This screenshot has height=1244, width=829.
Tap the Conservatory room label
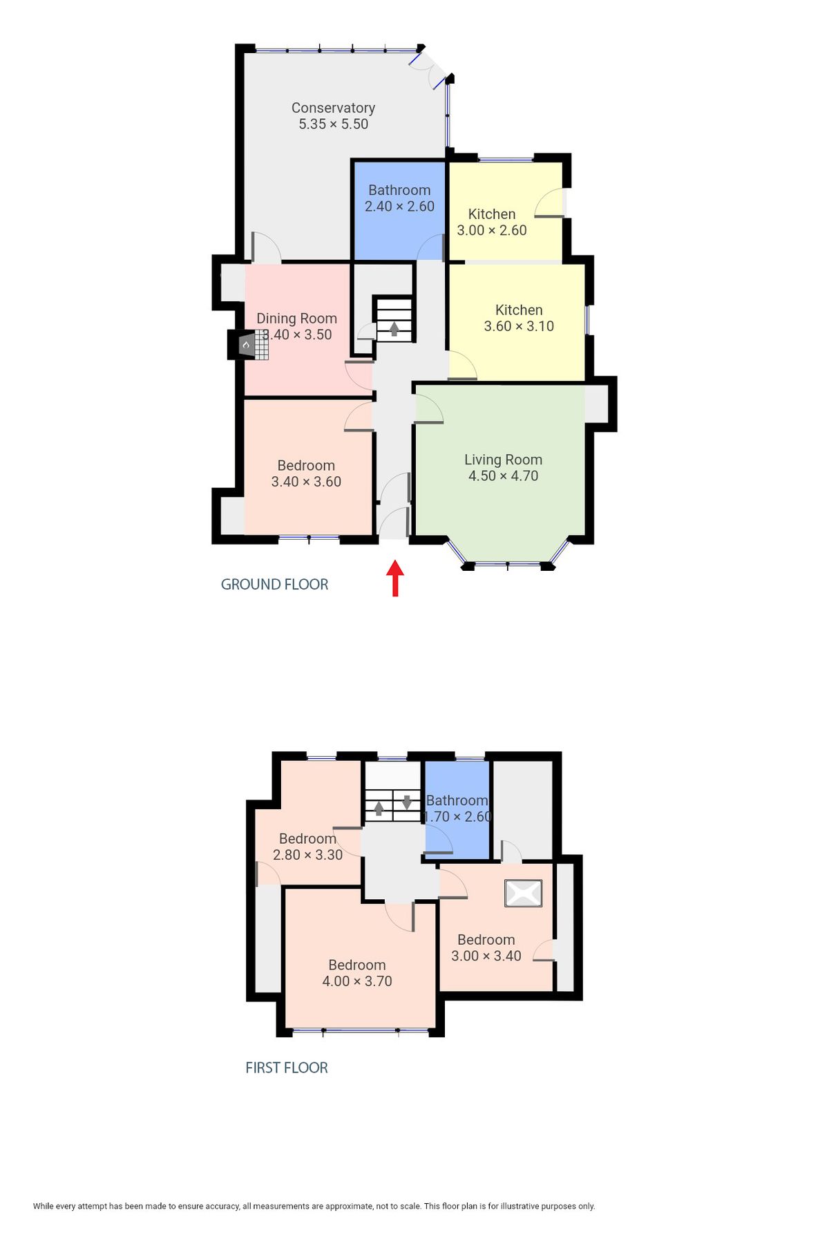333,108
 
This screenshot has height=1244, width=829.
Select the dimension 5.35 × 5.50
333,124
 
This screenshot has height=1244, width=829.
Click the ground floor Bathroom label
399,190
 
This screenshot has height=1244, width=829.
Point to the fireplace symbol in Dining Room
247,344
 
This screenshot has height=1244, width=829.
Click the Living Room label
503,460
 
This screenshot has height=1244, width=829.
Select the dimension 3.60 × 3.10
519,326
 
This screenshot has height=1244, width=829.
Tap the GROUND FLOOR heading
274,584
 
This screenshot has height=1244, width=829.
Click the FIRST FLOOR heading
286,1067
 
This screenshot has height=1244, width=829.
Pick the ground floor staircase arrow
394,329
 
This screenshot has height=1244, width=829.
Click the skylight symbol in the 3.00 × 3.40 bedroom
523,893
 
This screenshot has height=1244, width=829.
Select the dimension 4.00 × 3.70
357,981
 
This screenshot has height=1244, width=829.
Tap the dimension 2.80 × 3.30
307,855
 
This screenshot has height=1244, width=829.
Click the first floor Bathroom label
457,800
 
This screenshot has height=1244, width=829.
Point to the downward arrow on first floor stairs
407,802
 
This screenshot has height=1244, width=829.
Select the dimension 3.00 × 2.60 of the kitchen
492,231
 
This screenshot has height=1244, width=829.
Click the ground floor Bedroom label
306,466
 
